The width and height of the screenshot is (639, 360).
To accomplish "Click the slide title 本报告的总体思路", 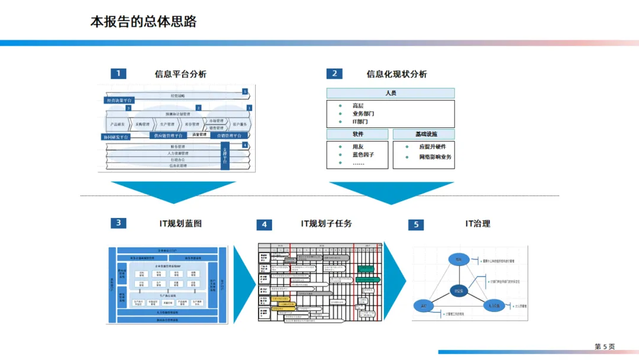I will coord(143,22).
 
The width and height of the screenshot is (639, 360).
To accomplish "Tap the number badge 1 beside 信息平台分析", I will coord(118,73).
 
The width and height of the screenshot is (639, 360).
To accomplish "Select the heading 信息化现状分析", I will coord(396,74).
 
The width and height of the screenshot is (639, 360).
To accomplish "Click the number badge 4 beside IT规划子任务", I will coord(264,224).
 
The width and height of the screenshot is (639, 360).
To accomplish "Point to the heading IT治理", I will coord(477,223).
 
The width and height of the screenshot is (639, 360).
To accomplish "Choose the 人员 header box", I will coord(390,93).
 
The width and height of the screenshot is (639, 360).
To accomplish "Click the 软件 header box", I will coord(357,134).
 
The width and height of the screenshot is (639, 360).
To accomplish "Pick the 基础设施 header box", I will coord(424,134).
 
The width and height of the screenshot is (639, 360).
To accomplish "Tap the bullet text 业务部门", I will coord(363,114).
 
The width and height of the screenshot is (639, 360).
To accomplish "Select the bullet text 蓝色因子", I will coord(363,155).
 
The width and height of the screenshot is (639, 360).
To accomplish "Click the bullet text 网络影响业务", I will coord(435,157).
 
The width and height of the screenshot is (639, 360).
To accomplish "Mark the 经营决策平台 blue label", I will coord(120,101).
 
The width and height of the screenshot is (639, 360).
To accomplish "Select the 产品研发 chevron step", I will coord(117,124).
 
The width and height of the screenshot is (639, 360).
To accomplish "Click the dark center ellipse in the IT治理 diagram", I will coord(459,291).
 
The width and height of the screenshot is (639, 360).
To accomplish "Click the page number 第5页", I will coord(605,346).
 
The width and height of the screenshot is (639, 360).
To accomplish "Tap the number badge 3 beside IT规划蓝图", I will coord(118,223).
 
